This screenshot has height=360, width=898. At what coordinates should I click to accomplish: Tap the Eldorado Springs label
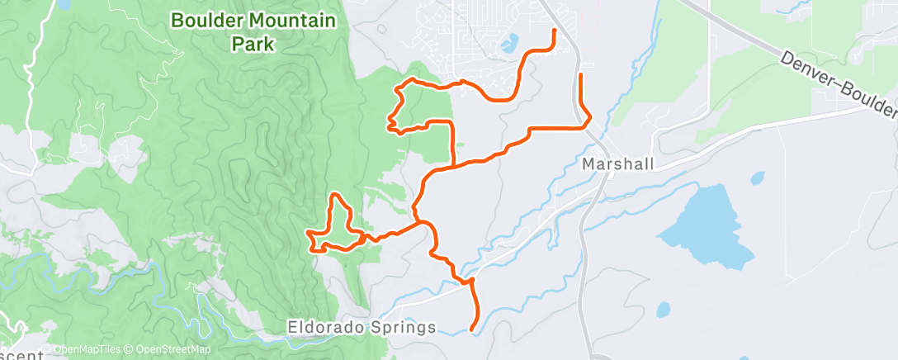[x=362, y=328]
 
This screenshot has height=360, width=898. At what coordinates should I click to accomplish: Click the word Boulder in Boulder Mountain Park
[x=206, y=20]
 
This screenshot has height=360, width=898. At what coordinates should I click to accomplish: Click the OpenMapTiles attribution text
[x=83, y=351]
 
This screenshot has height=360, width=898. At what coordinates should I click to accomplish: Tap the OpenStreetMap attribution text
[x=164, y=351]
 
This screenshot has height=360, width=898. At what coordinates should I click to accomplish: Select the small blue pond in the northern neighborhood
[x=508, y=41]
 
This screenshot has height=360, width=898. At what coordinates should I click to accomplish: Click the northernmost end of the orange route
[x=553, y=31]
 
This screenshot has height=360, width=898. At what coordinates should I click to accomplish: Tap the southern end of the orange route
[x=472, y=330]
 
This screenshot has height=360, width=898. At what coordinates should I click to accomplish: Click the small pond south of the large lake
[x=663, y=310]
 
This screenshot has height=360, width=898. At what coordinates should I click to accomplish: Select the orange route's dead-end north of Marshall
[x=581, y=76]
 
